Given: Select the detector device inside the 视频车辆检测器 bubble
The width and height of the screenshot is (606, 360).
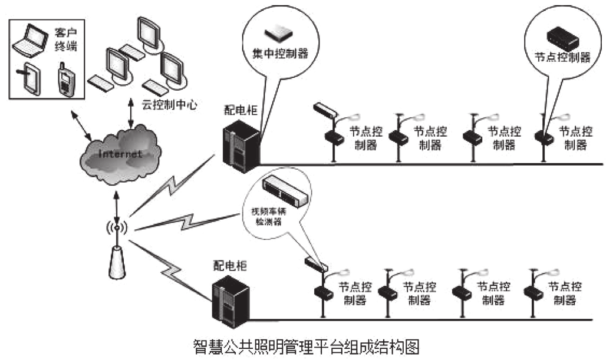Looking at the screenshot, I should coord(286,190).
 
